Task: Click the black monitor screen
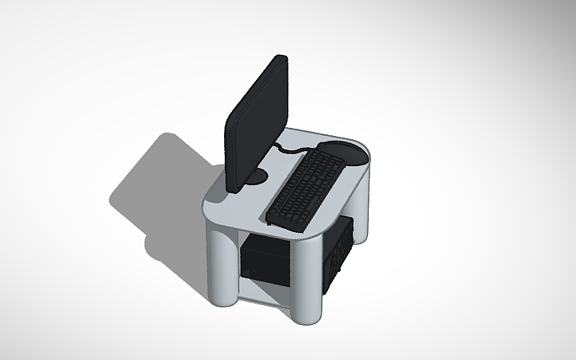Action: (257, 123)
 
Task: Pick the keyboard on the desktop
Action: (305, 188)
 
